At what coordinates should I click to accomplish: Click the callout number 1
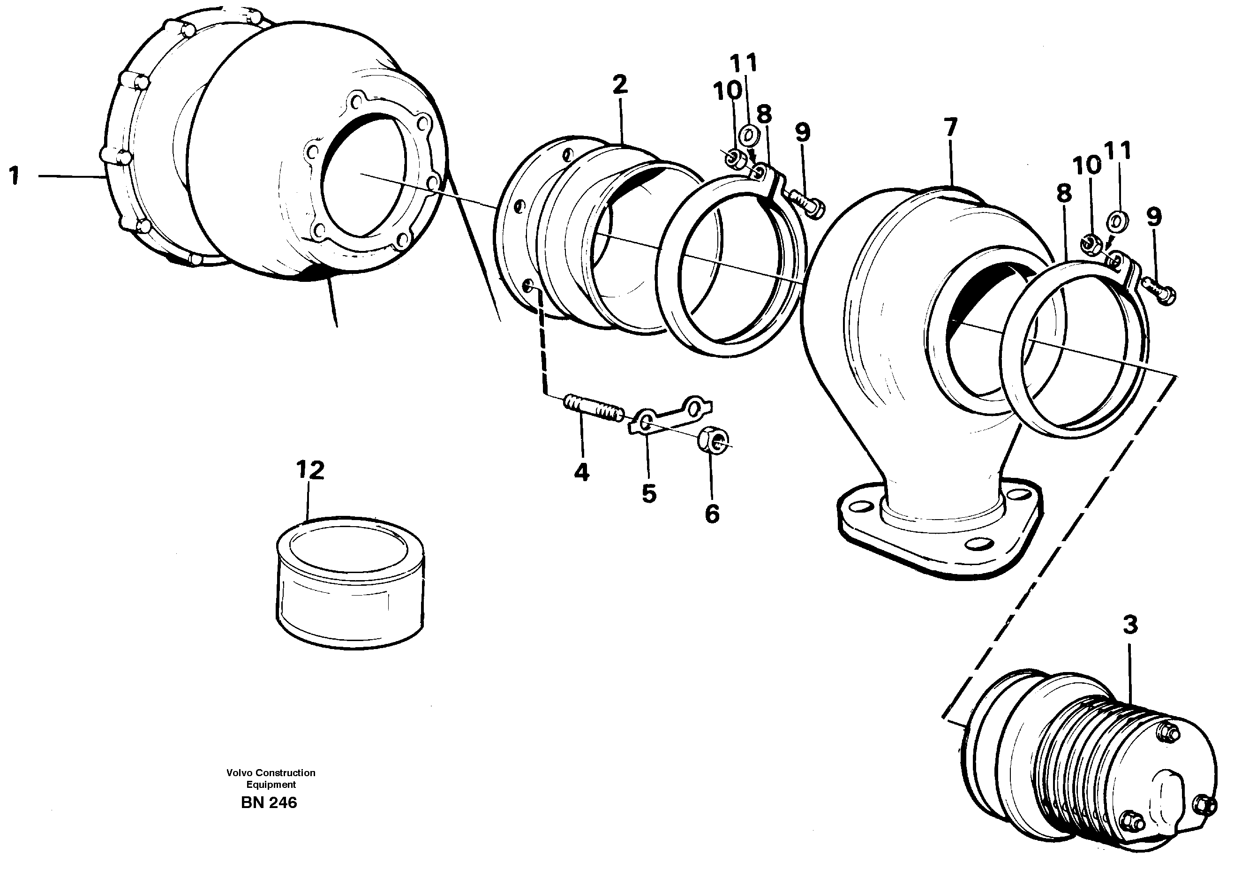click(15, 176)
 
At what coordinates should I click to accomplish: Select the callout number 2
click(619, 84)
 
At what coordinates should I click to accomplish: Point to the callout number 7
click(950, 128)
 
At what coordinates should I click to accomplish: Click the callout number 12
click(310, 470)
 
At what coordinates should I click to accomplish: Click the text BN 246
click(269, 803)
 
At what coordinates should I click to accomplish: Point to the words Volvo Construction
click(271, 773)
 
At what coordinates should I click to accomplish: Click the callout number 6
click(712, 514)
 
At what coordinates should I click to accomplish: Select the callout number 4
click(581, 472)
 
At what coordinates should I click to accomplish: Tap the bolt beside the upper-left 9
click(806, 204)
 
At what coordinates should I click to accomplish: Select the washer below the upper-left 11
click(748, 135)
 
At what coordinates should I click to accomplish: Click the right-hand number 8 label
click(1064, 194)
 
